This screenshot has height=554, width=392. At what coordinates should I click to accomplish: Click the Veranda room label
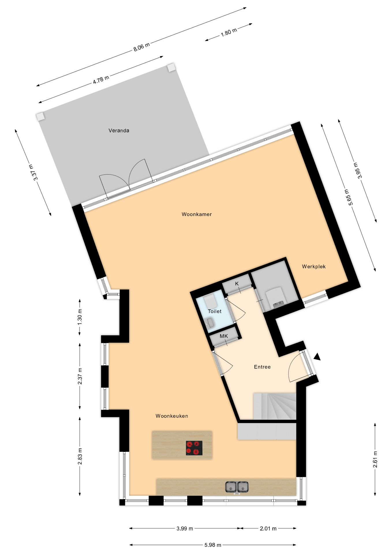click(119, 130)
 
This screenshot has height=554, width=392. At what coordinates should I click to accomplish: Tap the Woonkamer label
click(197, 214)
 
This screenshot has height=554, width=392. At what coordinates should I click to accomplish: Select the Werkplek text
click(314, 266)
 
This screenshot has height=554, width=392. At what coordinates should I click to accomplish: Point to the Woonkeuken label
click(172, 416)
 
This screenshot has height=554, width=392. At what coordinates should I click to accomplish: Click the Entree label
click(262, 367)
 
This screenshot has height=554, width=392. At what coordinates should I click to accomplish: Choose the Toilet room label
click(215, 311)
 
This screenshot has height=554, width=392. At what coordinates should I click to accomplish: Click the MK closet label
click(224, 336)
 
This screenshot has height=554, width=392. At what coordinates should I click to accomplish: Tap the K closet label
click(237, 284)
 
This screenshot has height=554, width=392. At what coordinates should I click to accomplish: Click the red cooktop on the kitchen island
click(194, 448)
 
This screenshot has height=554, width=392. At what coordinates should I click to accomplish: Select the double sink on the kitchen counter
click(237, 487)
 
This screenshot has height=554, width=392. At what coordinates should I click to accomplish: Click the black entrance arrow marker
click(317, 357)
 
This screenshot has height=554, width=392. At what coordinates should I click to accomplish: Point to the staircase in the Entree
click(275, 406)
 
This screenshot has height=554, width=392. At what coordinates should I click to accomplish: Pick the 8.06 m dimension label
click(141, 47)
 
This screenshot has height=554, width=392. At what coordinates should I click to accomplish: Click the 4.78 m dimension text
click(101, 79)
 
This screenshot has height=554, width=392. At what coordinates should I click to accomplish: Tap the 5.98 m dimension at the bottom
click(213, 545)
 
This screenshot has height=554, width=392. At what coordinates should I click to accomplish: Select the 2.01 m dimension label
click(268, 528)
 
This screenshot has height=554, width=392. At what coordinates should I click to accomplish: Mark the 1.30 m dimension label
click(80, 317)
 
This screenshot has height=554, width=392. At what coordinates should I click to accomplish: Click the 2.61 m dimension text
click(375, 459)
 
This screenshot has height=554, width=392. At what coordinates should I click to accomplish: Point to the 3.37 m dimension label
click(33, 172)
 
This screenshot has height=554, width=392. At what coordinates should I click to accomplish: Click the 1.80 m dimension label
click(229, 32)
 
